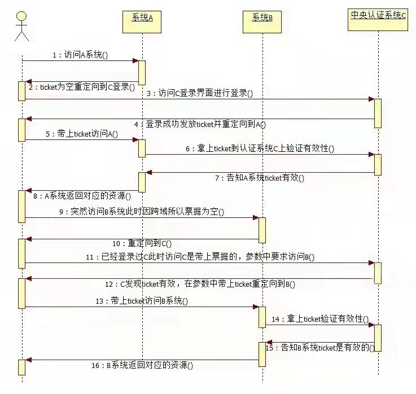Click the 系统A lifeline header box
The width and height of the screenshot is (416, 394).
(x=142, y=22)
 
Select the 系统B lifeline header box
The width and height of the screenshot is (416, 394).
(x=262, y=22)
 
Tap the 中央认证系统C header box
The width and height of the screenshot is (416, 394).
(x=378, y=20)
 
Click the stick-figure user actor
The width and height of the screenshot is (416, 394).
(x=21, y=27)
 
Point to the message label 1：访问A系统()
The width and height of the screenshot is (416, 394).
(x=80, y=55)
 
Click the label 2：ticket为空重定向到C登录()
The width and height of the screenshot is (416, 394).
(x=82, y=87)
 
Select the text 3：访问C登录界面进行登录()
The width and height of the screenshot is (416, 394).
(x=200, y=93)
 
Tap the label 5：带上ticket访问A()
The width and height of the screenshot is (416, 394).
(x=82, y=134)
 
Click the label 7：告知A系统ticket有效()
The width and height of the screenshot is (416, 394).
(x=260, y=177)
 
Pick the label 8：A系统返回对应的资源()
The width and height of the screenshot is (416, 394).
(x=82, y=196)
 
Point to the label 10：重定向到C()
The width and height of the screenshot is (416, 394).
(x=142, y=243)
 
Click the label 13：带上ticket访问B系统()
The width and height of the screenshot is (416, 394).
(x=142, y=301)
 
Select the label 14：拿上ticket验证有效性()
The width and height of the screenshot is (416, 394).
(x=320, y=319)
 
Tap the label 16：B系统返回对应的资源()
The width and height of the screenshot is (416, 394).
(x=142, y=365)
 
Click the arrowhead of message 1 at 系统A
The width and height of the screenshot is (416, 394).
(x=135, y=61)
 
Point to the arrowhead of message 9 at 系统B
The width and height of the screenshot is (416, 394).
(x=256, y=218)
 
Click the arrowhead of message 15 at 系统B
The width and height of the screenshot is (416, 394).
(x=269, y=342)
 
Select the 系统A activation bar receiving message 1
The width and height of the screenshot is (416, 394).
(x=142, y=73)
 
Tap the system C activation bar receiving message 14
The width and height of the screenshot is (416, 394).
(x=378, y=338)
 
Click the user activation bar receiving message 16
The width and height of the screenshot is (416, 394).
(x=22, y=367)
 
